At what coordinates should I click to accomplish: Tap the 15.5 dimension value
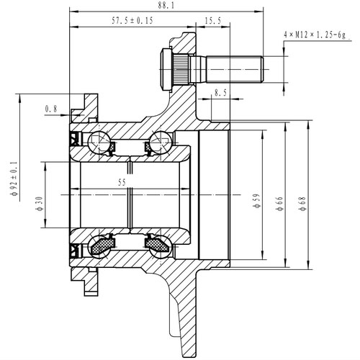[212, 22]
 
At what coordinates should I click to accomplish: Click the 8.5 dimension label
[221, 92]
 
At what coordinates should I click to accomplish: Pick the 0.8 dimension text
[50, 109]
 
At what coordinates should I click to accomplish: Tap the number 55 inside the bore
[122, 184]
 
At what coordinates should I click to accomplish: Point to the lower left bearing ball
[101, 246]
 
